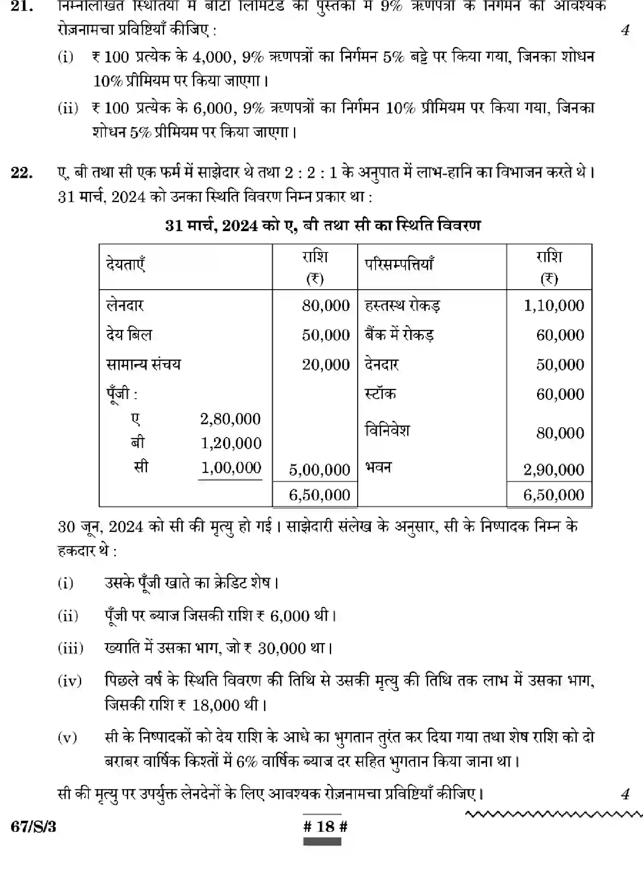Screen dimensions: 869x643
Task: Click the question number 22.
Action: point(22,173)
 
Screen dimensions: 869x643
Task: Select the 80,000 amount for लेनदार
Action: point(326,305)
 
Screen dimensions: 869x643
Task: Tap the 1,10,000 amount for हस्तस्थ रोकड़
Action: point(554,305)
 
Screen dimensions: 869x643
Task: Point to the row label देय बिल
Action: point(129,335)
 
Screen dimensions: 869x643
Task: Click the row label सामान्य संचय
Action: point(144,364)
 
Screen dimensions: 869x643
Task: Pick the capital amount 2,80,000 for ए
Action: point(230,419)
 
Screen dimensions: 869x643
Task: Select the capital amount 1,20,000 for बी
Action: point(231,443)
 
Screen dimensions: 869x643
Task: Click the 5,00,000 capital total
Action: point(319,470)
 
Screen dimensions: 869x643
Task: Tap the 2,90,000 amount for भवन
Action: point(554,470)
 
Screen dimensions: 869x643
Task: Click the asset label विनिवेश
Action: point(387,430)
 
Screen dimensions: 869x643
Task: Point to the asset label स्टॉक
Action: point(380,393)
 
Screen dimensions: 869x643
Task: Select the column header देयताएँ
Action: point(126,264)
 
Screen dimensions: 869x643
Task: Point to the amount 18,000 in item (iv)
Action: point(216,705)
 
